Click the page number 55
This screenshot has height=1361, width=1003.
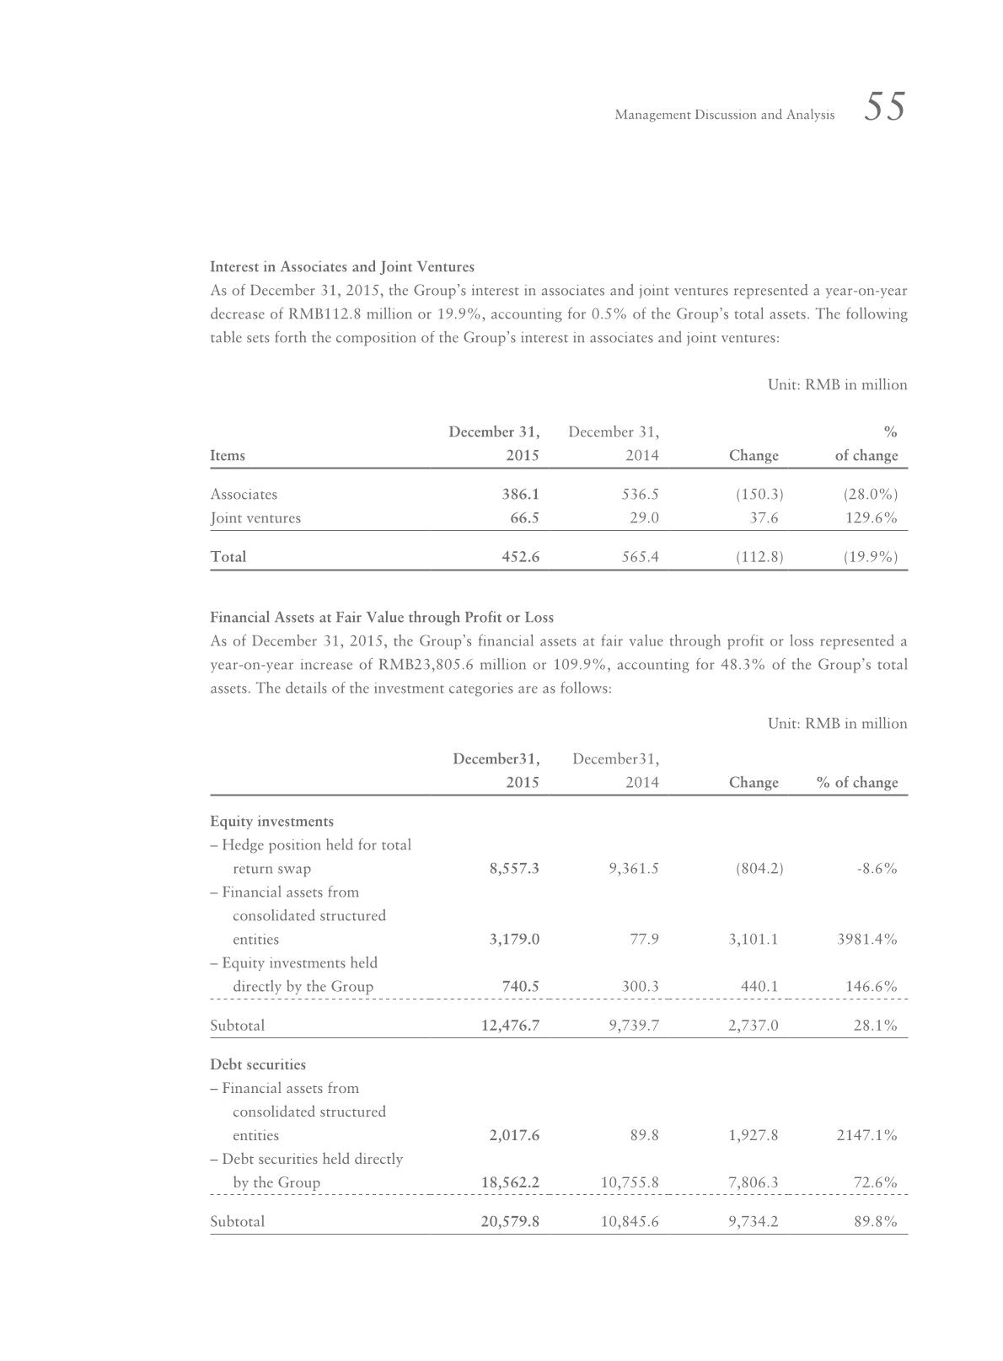[884, 108]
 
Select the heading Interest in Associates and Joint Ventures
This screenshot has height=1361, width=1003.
[341, 267]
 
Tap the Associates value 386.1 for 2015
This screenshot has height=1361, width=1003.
[521, 495]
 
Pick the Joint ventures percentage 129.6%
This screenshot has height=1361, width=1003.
[872, 518]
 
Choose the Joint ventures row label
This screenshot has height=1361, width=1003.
[255, 518]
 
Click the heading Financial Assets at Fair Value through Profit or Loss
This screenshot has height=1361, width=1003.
[381, 618]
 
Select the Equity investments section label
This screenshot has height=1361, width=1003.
[271, 822]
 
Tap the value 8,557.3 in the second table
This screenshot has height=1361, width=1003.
[513, 869]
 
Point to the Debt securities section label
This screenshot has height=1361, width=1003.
[258, 1064]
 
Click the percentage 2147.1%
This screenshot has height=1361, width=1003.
[866, 1135]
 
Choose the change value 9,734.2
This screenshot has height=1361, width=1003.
[754, 1222]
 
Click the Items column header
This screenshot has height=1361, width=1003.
[228, 456]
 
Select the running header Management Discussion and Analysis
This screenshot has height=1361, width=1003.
[724, 115]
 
